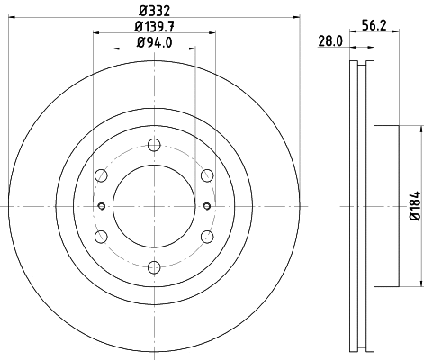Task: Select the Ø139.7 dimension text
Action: (153, 26)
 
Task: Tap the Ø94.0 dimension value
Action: (153, 42)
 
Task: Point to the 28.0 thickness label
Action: (331, 41)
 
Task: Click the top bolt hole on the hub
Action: (153, 146)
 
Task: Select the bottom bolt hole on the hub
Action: (153, 266)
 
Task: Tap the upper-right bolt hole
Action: (206, 175)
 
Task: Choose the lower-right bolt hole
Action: (206, 236)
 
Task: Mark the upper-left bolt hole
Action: (101, 175)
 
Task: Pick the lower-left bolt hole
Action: (101, 236)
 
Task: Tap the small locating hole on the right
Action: (206, 206)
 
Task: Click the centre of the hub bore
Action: (153, 206)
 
